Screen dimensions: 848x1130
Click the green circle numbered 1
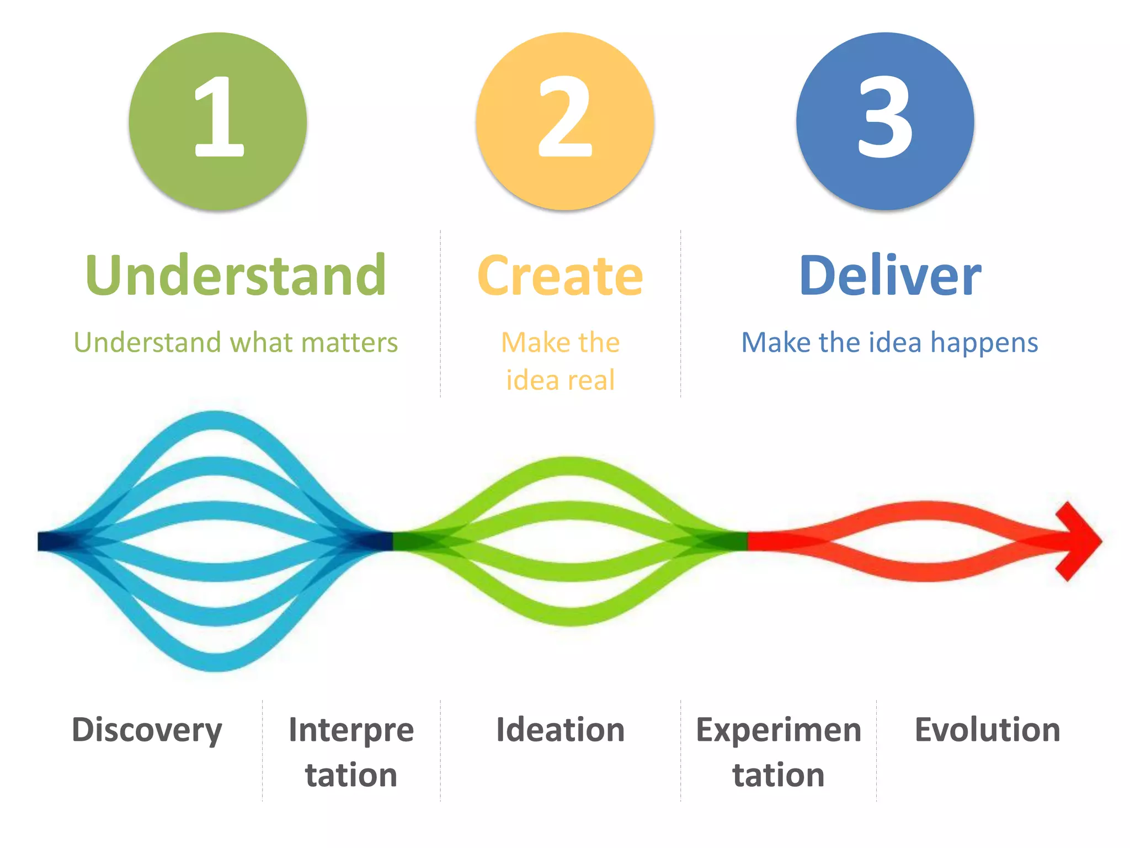coord(218,121)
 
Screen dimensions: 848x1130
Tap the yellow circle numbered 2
coord(565,121)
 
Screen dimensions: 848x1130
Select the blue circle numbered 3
coord(885,121)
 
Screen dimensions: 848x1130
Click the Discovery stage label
coord(147,730)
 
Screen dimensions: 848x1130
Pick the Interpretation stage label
coord(351,752)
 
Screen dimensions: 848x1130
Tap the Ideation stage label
coord(560,730)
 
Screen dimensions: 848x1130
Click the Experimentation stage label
coord(778,752)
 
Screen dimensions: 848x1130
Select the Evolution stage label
coord(987,730)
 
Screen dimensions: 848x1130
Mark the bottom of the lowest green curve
coord(571,617)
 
